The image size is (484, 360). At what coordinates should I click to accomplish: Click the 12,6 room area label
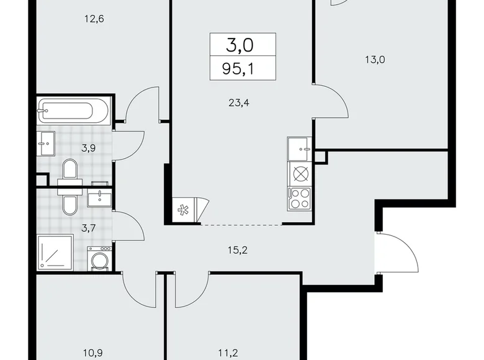(x=94, y=19)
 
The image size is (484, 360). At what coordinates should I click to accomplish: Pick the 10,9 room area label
(x=94, y=353)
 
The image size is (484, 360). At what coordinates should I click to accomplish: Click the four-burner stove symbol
(x=300, y=198)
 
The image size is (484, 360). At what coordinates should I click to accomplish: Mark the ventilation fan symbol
(x=183, y=210)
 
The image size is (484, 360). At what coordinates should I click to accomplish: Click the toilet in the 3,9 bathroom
(x=70, y=169)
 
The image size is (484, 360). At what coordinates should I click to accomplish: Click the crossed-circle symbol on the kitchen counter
(x=300, y=174)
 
